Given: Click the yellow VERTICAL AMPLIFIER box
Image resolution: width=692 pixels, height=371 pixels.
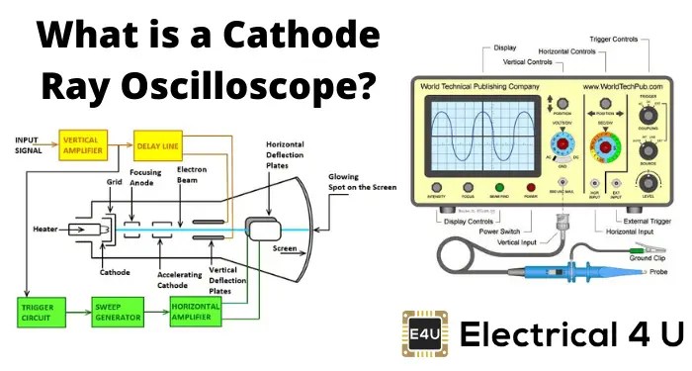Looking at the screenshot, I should click(83, 143).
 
